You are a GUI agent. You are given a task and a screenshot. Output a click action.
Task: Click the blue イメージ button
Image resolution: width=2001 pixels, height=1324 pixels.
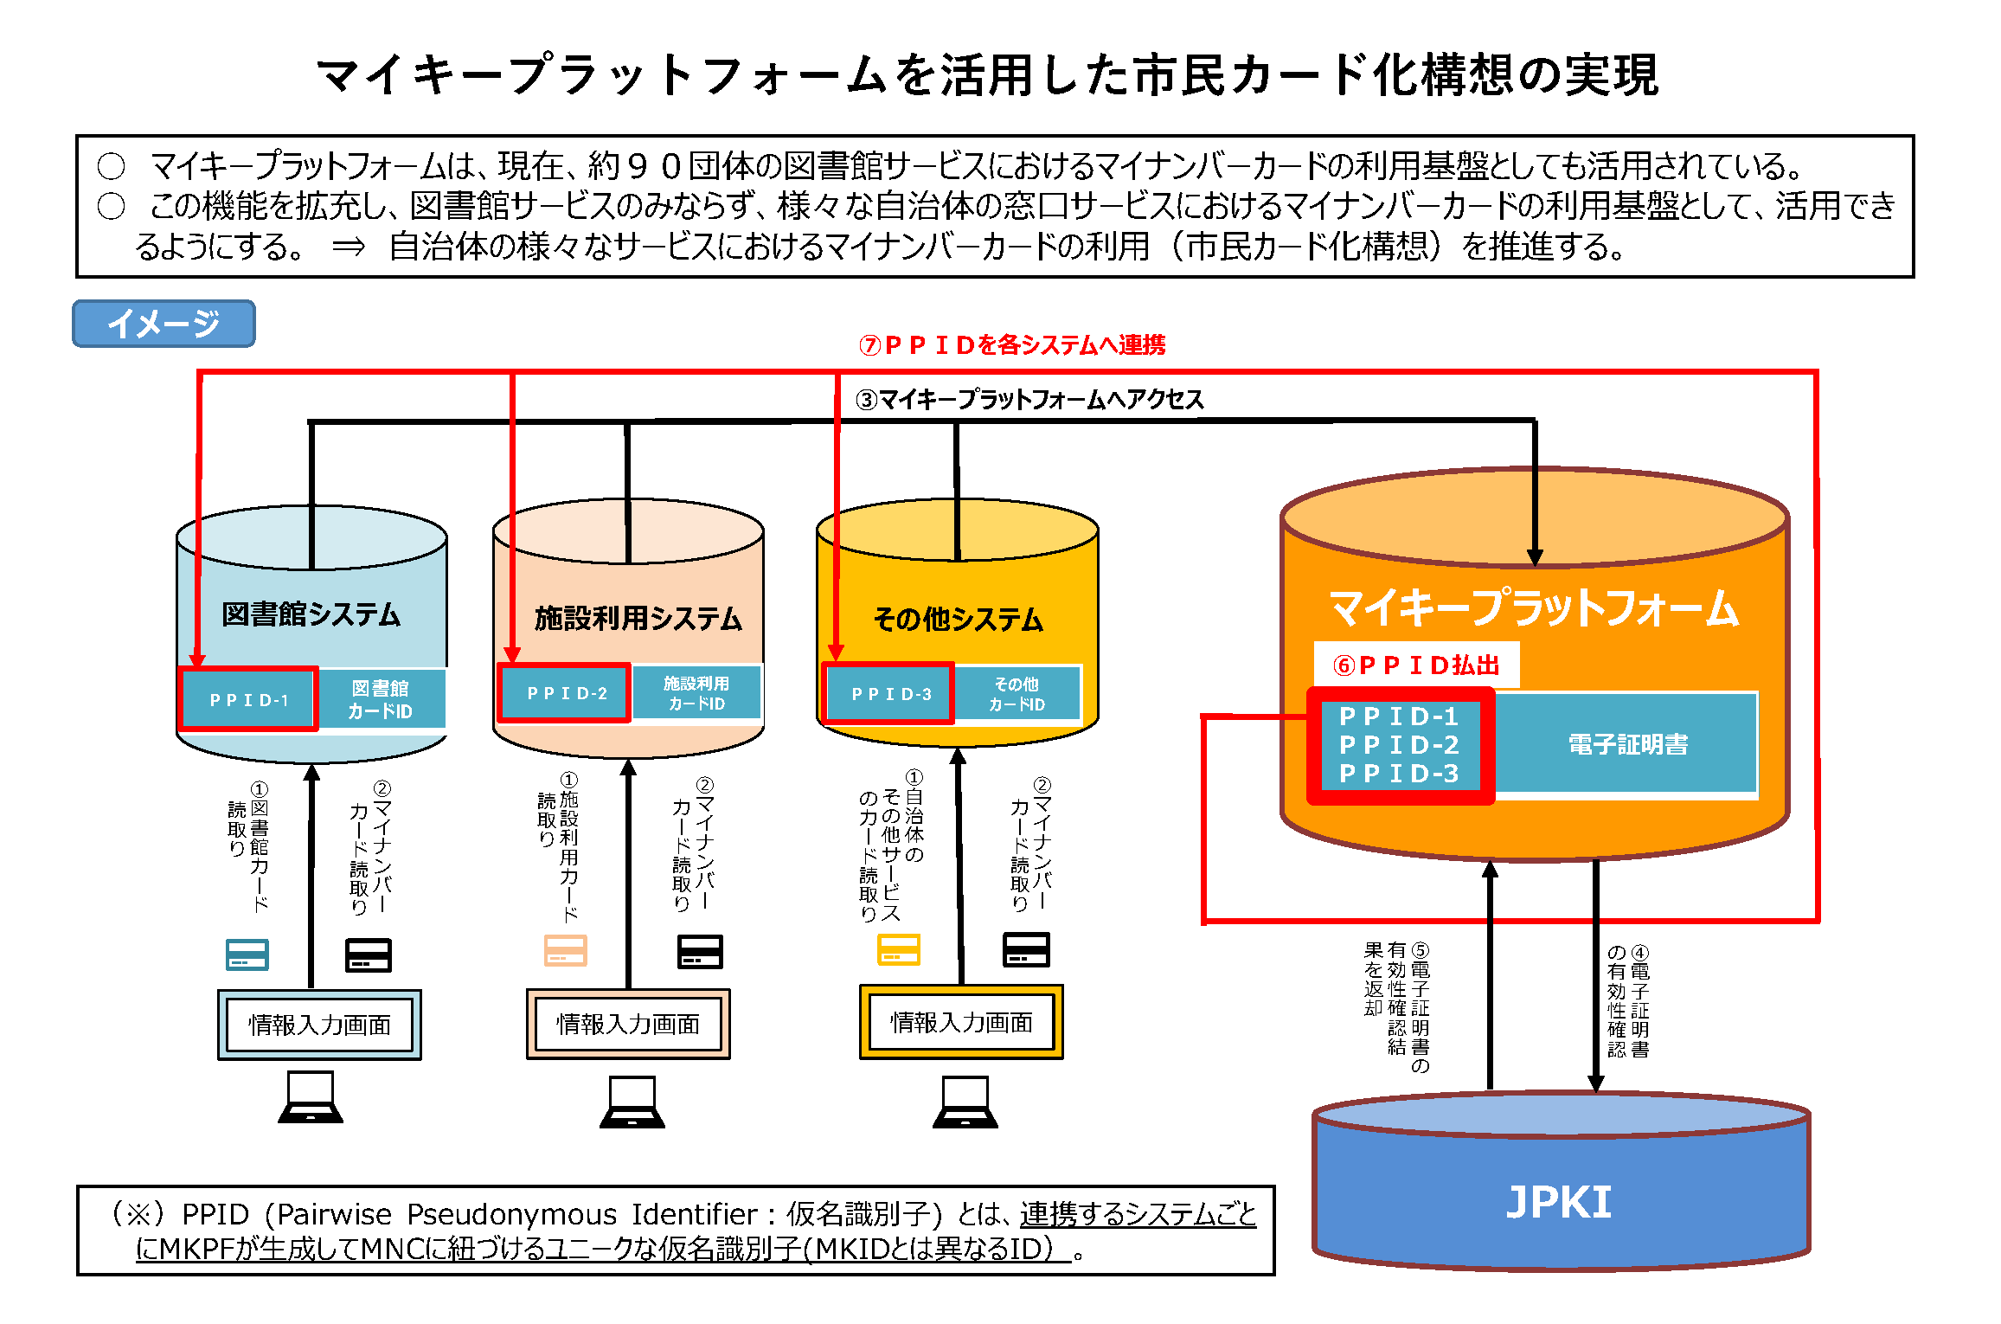click(x=164, y=324)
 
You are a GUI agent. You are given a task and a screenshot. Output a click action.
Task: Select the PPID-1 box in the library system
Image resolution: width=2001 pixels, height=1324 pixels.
click(x=248, y=699)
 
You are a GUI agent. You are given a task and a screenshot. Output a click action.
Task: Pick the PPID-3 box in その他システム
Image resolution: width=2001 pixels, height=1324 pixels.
click(x=889, y=694)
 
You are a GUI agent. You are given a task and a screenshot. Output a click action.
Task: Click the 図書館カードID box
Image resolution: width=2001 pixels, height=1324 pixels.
click(x=381, y=699)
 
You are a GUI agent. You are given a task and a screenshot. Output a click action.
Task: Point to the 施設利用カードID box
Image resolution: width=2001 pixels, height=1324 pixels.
click(x=696, y=693)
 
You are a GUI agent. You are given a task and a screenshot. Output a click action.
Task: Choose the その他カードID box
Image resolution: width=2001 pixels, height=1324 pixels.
click(x=1017, y=694)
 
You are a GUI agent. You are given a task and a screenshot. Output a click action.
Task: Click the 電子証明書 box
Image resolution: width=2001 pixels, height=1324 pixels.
click(x=1626, y=744)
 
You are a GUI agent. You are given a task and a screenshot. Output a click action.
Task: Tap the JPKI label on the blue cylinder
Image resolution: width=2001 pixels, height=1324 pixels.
click(x=1559, y=1202)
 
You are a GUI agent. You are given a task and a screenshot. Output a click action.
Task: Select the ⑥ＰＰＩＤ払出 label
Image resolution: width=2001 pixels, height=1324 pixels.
click(x=1416, y=665)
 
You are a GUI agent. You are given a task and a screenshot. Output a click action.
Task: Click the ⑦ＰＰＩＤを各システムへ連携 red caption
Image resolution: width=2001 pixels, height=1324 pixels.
click(x=1011, y=345)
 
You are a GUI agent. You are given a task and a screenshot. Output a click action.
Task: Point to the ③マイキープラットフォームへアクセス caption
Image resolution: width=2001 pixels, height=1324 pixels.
click(x=1029, y=399)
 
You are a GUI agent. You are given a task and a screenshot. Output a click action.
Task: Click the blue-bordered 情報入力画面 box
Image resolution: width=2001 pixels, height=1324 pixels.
click(x=319, y=1025)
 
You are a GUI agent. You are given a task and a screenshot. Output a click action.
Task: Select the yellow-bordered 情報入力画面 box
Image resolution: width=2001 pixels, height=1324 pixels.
click(x=961, y=1023)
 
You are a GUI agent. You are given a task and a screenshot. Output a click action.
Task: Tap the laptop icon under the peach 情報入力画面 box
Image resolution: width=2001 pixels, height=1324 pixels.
click(x=632, y=1102)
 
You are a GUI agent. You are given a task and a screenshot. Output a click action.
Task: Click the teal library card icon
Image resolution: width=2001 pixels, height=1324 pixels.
click(x=247, y=954)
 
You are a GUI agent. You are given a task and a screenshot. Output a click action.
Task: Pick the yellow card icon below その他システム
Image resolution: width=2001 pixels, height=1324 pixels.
click(x=899, y=949)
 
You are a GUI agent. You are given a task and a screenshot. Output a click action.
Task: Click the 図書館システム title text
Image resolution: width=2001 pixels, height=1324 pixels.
click(x=311, y=614)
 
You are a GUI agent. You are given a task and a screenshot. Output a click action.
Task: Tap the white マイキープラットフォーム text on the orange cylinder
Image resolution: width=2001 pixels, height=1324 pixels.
click(x=1533, y=607)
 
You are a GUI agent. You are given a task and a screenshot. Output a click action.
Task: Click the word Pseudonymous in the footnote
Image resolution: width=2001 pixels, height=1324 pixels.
click(x=511, y=1214)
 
